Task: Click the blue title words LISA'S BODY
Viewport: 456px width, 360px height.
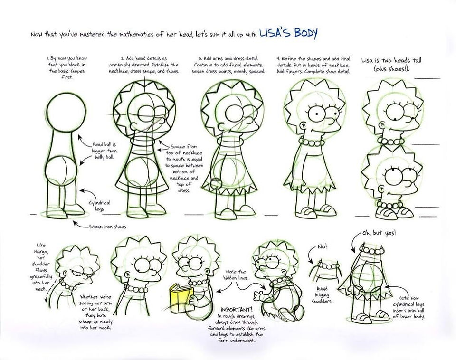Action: [x=288, y=33]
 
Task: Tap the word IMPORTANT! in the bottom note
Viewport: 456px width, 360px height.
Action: [x=237, y=309]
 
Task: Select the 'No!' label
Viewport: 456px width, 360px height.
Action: [x=322, y=246]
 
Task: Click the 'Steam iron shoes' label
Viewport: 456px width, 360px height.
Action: [x=107, y=227]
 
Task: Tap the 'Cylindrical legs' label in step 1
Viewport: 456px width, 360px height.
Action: [x=99, y=206]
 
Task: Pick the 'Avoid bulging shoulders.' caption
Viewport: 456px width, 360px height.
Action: [x=322, y=295]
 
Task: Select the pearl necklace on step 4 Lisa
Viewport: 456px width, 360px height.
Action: [x=313, y=143]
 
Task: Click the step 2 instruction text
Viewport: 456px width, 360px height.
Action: [x=144, y=65]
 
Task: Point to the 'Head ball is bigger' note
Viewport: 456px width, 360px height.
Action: [x=104, y=151]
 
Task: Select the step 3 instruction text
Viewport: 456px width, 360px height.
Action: [x=228, y=65]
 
